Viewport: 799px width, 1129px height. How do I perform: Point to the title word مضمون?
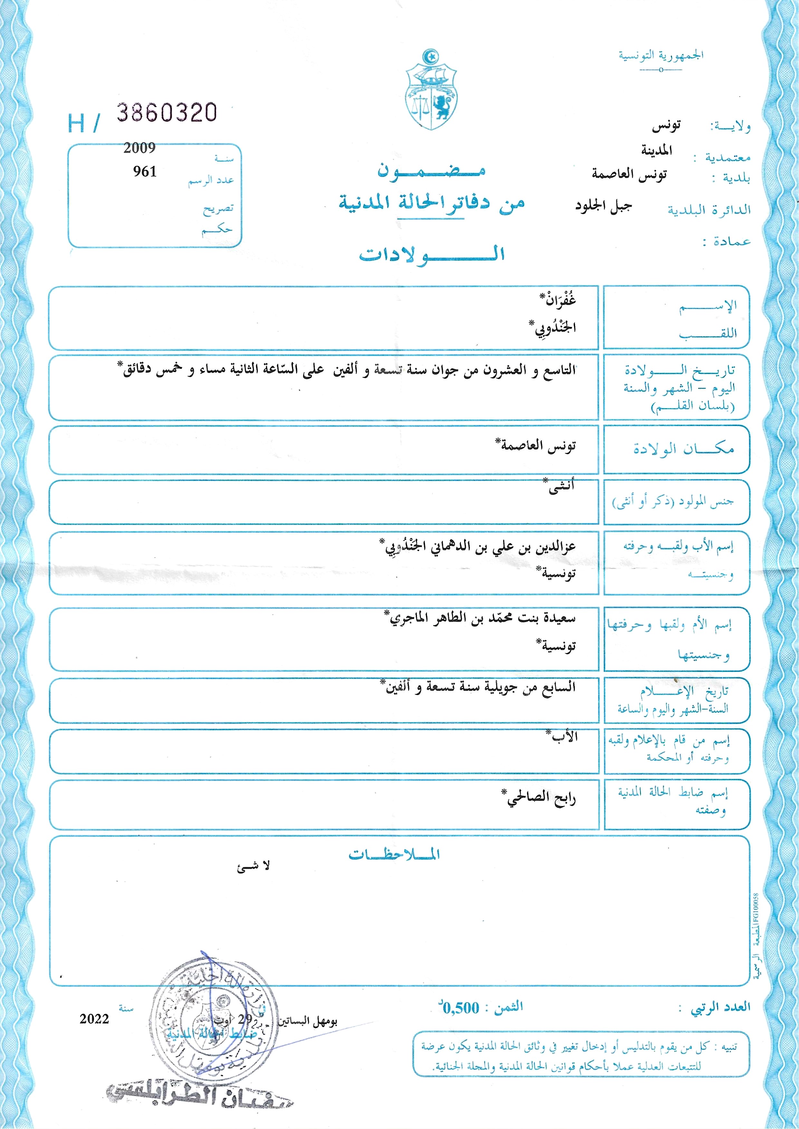click(x=431, y=170)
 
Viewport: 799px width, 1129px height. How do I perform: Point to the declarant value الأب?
click(x=564, y=737)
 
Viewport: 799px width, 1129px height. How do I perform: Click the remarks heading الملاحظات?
click(x=394, y=854)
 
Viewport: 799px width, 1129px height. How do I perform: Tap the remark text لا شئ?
click(x=253, y=867)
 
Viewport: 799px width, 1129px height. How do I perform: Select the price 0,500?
click(x=460, y=1008)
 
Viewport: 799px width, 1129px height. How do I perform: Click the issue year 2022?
click(x=94, y=1019)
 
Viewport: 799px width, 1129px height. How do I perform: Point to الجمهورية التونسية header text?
click(x=661, y=55)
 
